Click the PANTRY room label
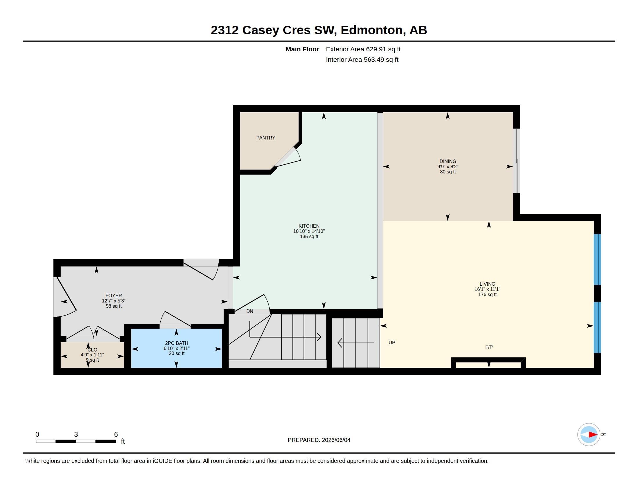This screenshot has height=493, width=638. click(266, 138)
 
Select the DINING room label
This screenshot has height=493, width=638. click(447, 161)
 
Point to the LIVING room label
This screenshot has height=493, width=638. click(487, 284)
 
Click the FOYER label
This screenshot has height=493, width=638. click(114, 296)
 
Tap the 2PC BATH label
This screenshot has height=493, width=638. click(176, 343)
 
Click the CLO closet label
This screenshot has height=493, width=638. click(92, 350)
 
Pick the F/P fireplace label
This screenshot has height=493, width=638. click(489, 347)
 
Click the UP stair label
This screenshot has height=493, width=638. click(392, 342)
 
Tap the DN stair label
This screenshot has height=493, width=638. click(249, 311)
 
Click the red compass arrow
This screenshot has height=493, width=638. click(593, 435)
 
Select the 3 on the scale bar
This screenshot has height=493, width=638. click(76, 434)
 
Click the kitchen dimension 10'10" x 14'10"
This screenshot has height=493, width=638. click(309, 231)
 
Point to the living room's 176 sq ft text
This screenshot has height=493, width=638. click(487, 294)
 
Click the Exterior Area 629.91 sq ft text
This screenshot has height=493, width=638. click(363, 49)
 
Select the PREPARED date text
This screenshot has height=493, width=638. click(319, 440)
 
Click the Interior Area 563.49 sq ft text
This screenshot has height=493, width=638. click(362, 60)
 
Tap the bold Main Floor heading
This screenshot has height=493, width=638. click(302, 49)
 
